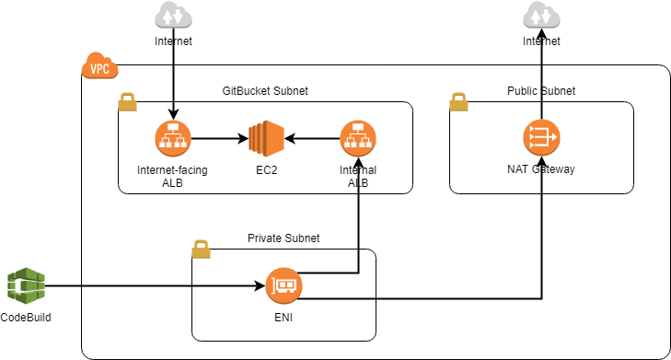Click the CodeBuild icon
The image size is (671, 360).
25,286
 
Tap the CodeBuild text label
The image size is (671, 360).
26,318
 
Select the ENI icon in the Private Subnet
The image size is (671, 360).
283,286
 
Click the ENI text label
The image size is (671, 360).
283,318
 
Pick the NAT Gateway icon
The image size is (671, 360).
541,138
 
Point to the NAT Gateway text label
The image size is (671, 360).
541,169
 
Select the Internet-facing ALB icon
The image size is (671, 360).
172,139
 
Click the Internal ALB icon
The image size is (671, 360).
357,139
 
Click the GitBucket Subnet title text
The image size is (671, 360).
265,91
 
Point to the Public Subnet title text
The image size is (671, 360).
541,91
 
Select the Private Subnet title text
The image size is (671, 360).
283,238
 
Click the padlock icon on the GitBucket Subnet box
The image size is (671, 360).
127,102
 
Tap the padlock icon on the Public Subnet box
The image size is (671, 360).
458,102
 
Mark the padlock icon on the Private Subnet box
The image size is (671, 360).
201,249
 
